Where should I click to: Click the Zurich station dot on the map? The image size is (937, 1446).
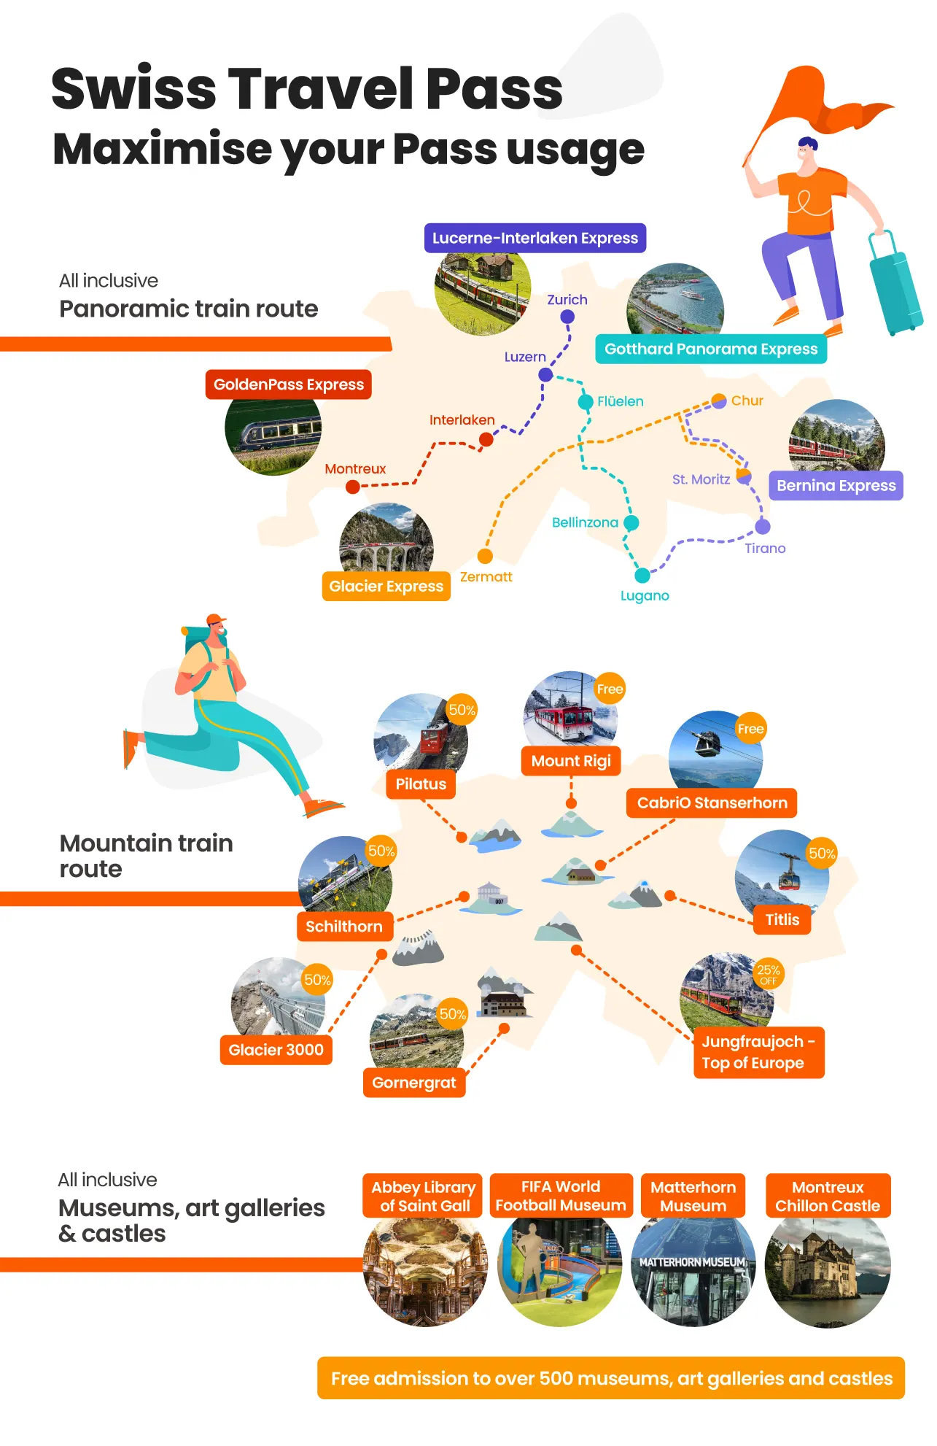tap(567, 317)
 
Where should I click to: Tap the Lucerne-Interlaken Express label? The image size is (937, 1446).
tap(534, 238)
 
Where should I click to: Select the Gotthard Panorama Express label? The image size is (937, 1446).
tap(711, 349)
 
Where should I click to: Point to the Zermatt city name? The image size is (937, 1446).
tap(486, 576)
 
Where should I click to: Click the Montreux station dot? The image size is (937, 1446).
tap(353, 487)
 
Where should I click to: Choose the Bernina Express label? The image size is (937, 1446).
tap(836, 486)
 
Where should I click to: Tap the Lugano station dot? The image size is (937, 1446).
tap(642, 576)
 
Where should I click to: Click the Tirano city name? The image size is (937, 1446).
tap(765, 548)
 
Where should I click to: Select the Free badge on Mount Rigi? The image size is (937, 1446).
tap(610, 689)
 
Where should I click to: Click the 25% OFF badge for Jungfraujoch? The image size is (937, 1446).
tap(769, 974)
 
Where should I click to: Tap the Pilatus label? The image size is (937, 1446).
tap(421, 784)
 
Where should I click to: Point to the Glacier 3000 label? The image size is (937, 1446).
tap(276, 1050)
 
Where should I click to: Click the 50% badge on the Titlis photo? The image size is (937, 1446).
tap(822, 854)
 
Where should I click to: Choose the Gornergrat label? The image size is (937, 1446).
tap(414, 1083)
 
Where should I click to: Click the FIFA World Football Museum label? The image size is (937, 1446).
tap(561, 1196)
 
